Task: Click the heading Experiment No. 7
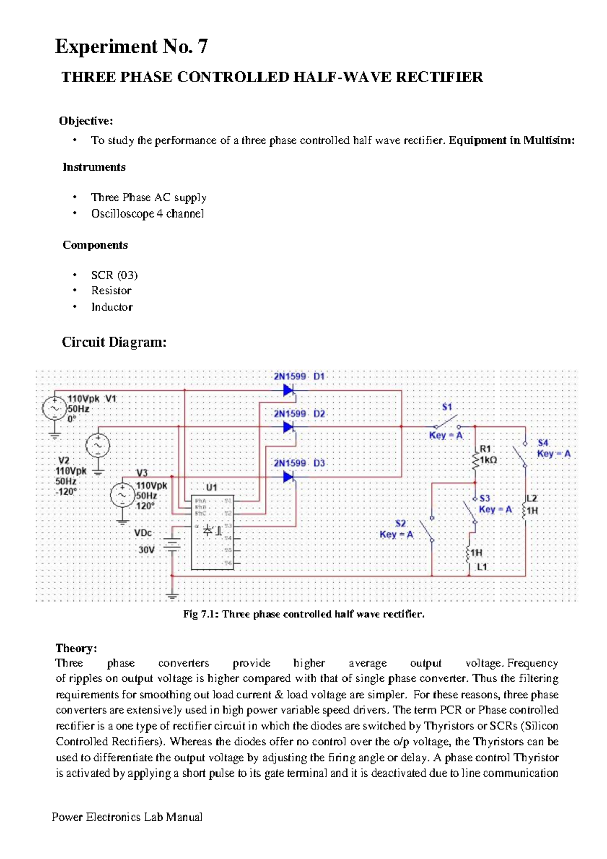tap(131, 47)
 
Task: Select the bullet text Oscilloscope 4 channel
tap(147, 213)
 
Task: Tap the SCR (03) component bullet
tap(114, 275)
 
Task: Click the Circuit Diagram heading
tap(114, 342)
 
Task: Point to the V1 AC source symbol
tap(54, 408)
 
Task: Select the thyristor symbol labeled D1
tap(288, 390)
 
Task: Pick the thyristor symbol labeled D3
tap(288, 477)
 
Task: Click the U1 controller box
tap(212, 531)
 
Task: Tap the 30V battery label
tap(146, 550)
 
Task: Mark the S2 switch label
tap(401, 523)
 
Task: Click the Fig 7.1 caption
tap(303, 614)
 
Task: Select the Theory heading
tap(76, 648)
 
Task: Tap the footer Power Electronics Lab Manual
tap(127, 817)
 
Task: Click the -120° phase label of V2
tap(66, 491)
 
